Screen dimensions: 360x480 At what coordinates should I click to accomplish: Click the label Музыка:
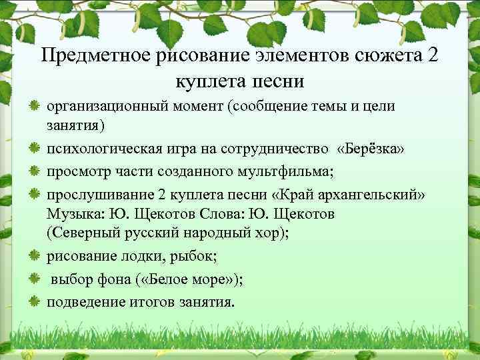70,214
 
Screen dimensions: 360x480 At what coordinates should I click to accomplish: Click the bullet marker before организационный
33,106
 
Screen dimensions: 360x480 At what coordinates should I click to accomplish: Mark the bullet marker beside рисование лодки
33,257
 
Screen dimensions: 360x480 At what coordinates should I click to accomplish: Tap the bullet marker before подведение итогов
33,301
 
